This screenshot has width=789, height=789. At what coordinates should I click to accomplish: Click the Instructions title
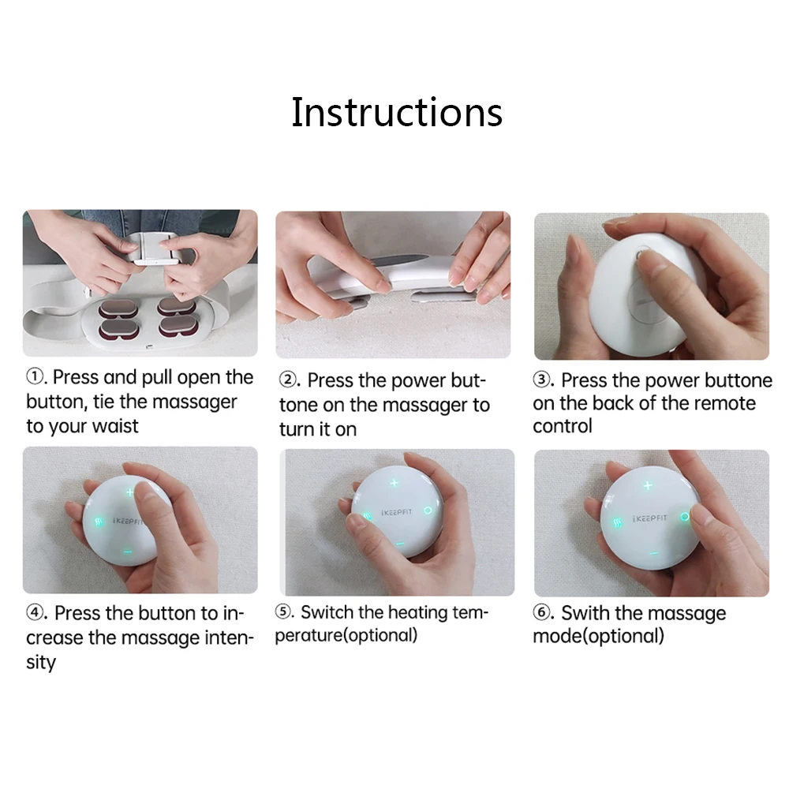397,112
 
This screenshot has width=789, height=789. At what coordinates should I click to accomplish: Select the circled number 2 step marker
288,380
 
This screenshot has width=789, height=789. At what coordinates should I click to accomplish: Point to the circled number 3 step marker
542,380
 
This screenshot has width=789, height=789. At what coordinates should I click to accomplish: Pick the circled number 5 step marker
284,612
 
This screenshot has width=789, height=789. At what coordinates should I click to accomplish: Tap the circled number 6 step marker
542,612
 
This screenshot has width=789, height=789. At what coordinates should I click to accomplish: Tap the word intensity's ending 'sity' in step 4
41,662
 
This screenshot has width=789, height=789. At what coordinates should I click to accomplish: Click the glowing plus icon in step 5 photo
394,483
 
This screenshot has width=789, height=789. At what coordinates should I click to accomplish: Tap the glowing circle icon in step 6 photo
685,517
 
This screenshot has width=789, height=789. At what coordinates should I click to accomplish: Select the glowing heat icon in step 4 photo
99,522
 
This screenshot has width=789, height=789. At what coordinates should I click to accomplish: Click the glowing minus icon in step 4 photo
127,552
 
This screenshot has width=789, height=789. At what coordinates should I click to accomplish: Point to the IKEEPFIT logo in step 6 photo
649,518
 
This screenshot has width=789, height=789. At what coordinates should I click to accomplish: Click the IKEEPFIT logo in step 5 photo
397,512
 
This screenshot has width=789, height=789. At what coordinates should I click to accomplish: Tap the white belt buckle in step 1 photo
155,249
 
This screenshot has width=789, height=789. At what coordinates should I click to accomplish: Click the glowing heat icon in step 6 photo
617,523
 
